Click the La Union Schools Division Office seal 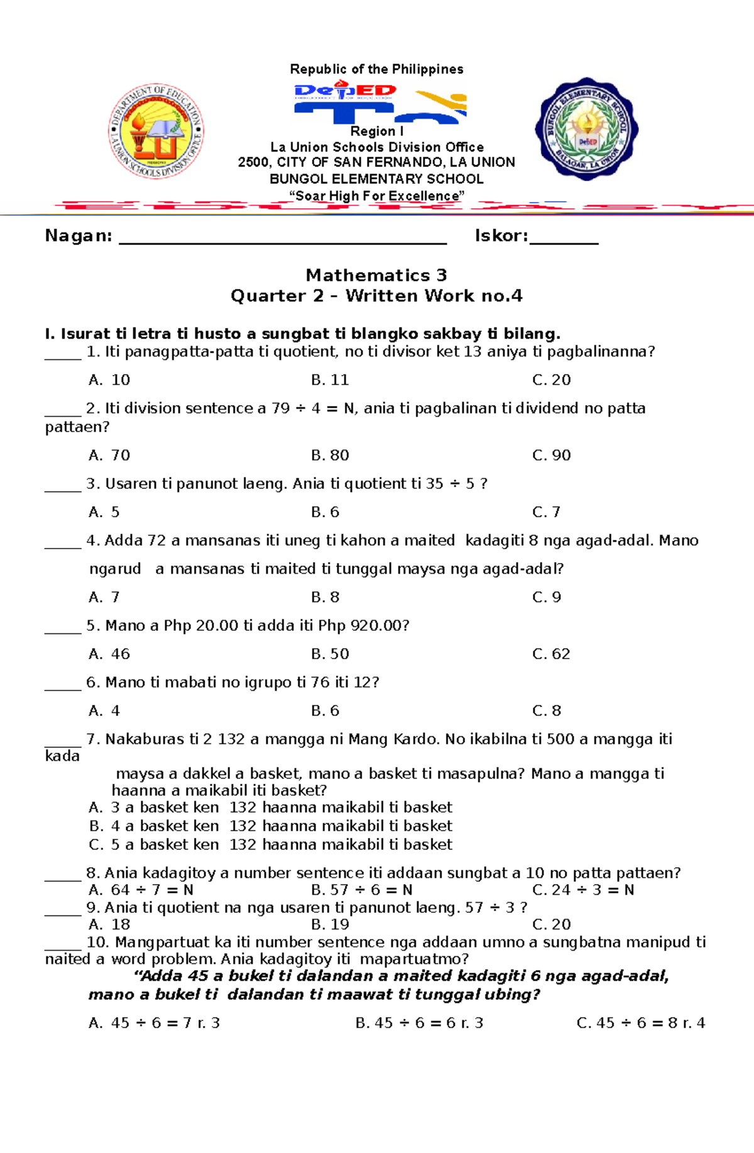(x=156, y=131)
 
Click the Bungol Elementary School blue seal (x=586, y=129)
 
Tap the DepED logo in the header (x=346, y=92)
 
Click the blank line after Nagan (x=283, y=239)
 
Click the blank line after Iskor (x=564, y=239)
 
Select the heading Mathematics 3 (x=376, y=275)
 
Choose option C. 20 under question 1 (x=551, y=380)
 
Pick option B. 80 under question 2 (x=330, y=456)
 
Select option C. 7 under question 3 (x=546, y=512)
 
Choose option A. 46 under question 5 (x=109, y=654)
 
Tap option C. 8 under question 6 (x=546, y=711)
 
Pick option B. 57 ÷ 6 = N (x=362, y=890)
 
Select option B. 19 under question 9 (x=330, y=924)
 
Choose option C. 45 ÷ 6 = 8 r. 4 (x=640, y=1023)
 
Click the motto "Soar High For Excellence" (x=376, y=196)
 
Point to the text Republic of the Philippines (x=376, y=69)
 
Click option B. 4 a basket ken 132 (x=270, y=826)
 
